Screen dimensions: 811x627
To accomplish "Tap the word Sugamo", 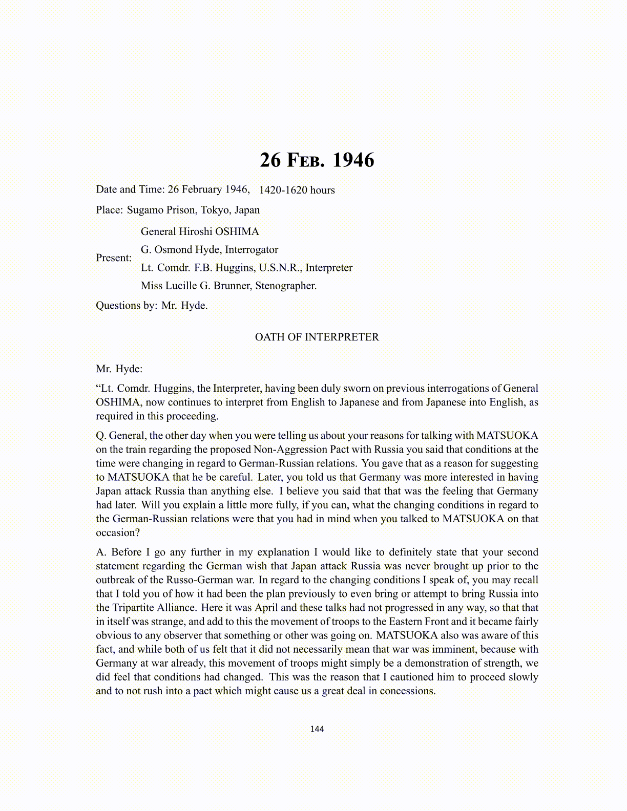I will click(146, 210).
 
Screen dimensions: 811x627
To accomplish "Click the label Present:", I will click(114, 258).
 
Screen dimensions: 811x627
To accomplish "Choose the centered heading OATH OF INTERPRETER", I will click(317, 337).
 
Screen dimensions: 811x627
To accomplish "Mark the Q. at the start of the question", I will click(101, 436).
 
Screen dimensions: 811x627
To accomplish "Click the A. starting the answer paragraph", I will click(101, 552).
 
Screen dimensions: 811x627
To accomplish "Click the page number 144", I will click(317, 729).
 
